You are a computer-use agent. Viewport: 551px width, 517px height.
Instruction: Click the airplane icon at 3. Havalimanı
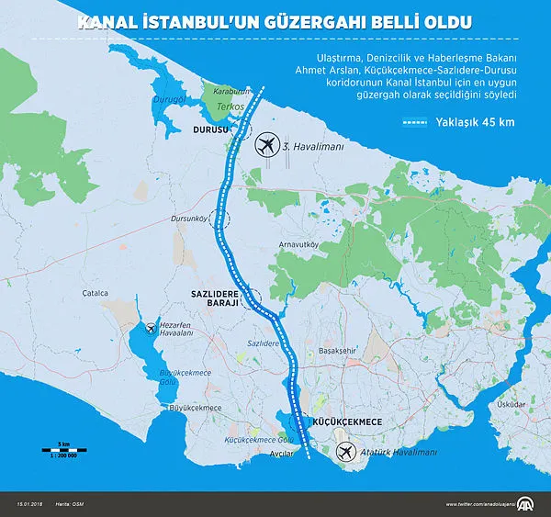click(266, 144)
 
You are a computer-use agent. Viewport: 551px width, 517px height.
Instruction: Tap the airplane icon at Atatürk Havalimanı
click(345, 453)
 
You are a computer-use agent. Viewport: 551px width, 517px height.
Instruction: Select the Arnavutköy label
click(299, 244)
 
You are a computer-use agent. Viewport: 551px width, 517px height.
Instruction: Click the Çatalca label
click(95, 293)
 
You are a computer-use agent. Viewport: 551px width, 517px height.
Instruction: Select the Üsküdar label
click(510, 403)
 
